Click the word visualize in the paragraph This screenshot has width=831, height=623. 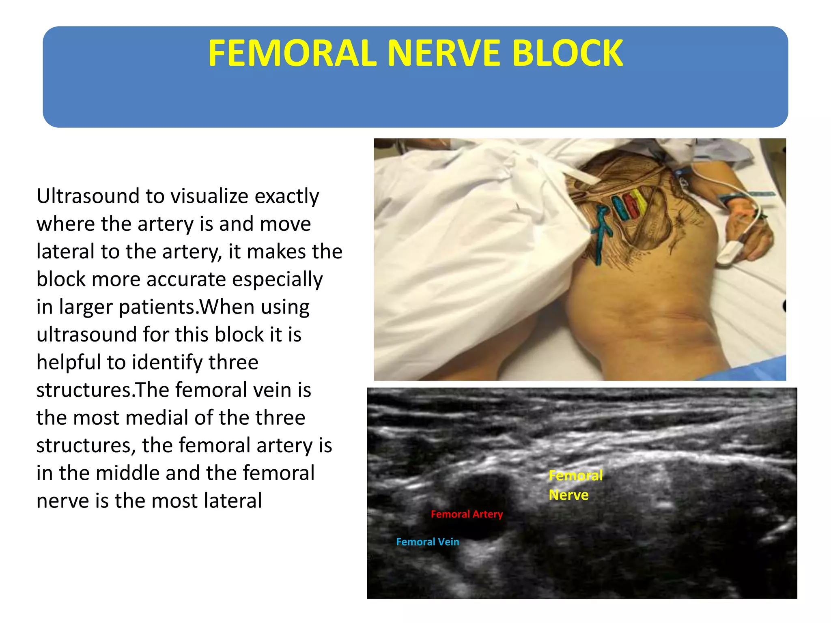tap(209, 196)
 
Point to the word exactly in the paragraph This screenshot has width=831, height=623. tap(286, 196)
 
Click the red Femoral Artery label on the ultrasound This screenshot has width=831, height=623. tap(467, 514)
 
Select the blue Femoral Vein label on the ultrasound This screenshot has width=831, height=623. tap(428, 542)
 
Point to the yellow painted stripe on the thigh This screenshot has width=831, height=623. tap(639, 201)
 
